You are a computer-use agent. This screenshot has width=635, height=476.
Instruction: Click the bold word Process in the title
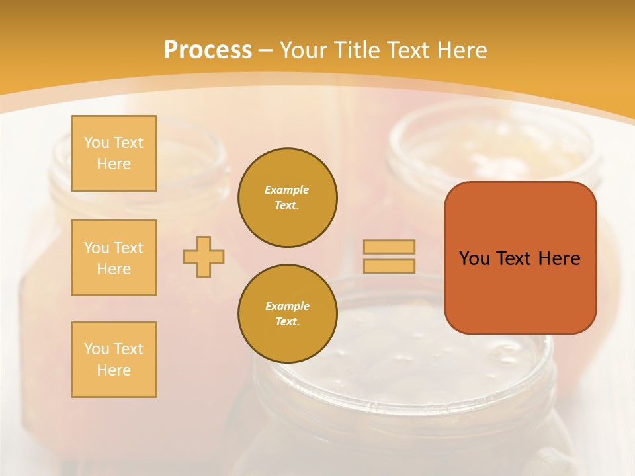(x=208, y=50)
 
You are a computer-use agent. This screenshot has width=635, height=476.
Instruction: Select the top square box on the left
(x=114, y=153)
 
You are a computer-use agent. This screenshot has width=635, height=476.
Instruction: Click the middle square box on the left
(x=114, y=258)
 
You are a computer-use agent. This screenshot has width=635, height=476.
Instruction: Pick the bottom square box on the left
(x=114, y=360)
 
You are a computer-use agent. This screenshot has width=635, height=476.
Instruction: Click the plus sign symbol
(x=204, y=257)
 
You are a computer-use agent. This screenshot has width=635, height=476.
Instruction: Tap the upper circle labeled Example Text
(x=288, y=198)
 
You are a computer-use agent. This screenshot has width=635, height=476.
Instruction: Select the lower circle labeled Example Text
(x=288, y=314)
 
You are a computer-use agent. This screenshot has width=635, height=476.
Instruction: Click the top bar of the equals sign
(x=389, y=247)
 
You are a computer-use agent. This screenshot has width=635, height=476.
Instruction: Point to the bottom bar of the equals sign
(x=389, y=266)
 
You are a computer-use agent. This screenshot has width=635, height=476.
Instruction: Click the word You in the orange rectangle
(x=474, y=258)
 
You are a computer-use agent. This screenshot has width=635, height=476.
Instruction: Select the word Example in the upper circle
(x=287, y=190)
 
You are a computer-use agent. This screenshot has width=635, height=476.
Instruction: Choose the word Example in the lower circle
(x=287, y=306)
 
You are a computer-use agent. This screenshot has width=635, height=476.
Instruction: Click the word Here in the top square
(x=114, y=164)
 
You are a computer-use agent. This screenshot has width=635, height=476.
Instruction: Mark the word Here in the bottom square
(x=114, y=370)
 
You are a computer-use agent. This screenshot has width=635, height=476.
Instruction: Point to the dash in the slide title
(x=266, y=50)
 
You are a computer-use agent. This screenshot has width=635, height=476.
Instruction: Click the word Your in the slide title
(x=305, y=50)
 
